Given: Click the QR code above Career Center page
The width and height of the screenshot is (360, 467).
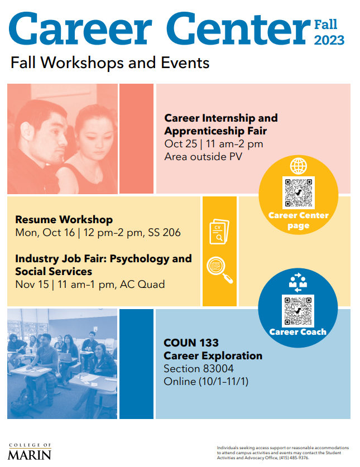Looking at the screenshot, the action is tap(299, 192).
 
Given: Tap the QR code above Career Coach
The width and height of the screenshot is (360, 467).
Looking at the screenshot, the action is tap(297, 311).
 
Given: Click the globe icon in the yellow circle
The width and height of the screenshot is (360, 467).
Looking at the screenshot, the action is tap(299, 166).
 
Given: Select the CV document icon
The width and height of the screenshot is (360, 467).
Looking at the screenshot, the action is tap(219, 232).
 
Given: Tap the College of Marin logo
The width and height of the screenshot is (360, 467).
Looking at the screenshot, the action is tap(30, 451).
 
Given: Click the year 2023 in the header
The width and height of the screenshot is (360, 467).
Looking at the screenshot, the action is tap(329, 40).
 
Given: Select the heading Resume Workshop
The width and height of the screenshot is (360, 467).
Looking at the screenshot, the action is tap(64, 219).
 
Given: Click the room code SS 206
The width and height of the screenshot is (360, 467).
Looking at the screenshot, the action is tap(164, 232).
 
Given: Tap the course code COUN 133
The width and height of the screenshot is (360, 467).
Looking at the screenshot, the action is tap(191, 343).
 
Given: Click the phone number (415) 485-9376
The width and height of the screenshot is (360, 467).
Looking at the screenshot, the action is tap(294, 458).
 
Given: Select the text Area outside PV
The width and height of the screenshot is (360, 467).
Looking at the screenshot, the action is tap(203, 157).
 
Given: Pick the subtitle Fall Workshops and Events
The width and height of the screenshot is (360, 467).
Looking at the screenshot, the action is tap(110, 63).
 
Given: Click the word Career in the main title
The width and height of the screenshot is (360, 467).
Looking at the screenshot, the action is tap(81, 28).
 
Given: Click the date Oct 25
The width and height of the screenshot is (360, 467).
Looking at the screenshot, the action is tap(181, 144).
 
